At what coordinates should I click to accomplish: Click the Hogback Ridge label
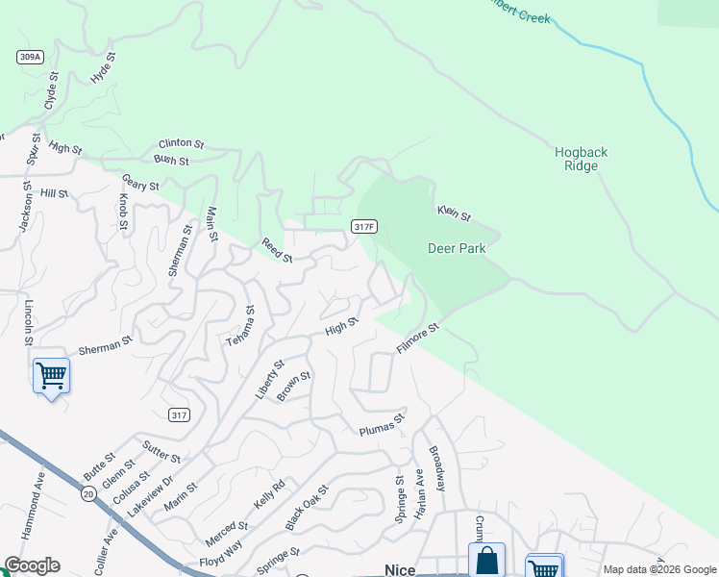(582, 159)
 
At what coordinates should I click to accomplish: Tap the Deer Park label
(457, 248)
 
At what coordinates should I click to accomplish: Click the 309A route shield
(30, 57)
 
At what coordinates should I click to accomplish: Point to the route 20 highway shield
(87, 493)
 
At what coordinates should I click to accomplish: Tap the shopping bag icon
(486, 561)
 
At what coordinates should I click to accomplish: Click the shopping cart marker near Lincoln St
(51, 375)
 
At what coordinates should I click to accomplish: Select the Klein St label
(454, 213)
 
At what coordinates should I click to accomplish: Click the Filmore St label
(418, 338)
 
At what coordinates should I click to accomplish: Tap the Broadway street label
(437, 468)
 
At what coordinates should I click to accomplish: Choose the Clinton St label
(182, 143)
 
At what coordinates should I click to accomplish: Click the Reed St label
(277, 250)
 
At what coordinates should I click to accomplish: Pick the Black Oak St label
(307, 508)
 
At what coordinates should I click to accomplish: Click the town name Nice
(399, 570)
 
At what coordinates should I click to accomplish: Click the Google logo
(32, 565)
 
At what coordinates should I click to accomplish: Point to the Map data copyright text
(658, 569)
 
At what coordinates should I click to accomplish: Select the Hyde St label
(103, 67)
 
